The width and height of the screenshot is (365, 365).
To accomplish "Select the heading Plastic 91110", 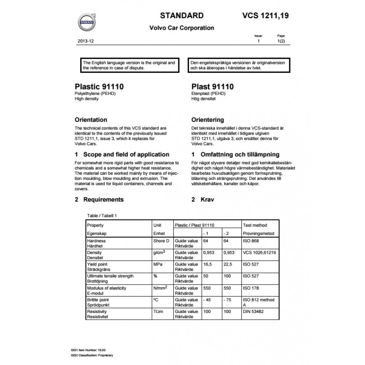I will tap(99, 86).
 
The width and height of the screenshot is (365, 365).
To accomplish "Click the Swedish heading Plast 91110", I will tap(213, 86).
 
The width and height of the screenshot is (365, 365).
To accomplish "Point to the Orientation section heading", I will tap(91, 120).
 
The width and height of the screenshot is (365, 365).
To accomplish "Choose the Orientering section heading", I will tap(208, 120).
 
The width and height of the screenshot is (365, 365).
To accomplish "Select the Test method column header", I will tap(255, 225).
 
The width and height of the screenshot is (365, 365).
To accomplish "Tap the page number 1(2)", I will tap(282, 41).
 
